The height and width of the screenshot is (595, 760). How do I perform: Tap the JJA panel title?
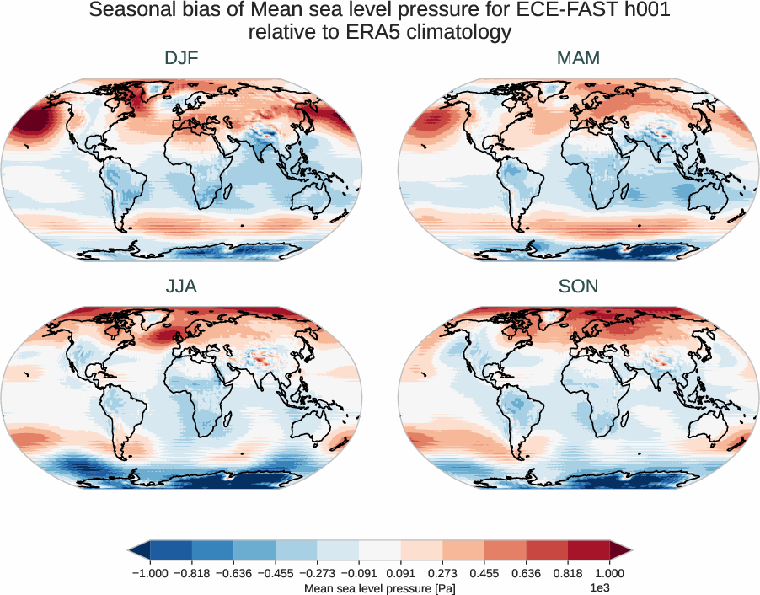coord(181,287)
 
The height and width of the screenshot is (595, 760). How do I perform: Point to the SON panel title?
coord(578,287)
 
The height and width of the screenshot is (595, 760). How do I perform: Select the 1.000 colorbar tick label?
coord(608,573)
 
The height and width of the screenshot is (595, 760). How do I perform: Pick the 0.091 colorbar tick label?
coord(401,573)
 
